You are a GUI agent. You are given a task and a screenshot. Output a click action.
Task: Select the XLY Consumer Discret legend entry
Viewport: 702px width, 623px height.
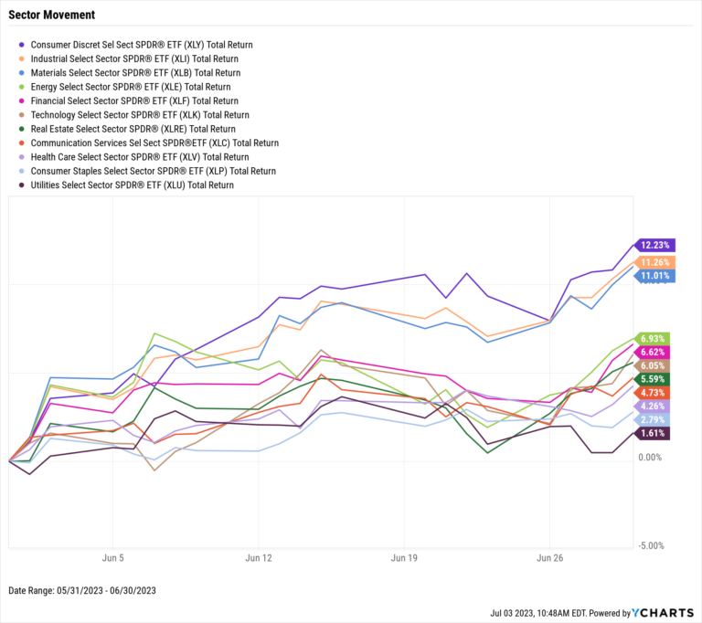[x=142, y=44]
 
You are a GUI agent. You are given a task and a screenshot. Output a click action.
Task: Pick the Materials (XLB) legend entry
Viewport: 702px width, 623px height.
[x=135, y=72]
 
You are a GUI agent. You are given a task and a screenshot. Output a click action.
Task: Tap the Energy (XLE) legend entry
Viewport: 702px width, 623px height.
[x=130, y=87]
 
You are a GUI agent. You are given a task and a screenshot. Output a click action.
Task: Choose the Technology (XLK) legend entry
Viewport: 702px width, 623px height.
[x=139, y=115]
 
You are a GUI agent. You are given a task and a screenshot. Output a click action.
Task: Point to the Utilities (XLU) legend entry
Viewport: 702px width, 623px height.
[x=132, y=185]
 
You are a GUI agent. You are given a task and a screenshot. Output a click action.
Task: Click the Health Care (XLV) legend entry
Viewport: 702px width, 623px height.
[x=139, y=157]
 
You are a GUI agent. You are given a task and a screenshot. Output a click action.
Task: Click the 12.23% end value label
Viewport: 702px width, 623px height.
[x=654, y=245]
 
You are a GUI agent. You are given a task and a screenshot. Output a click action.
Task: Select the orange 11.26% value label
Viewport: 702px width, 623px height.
[x=654, y=262]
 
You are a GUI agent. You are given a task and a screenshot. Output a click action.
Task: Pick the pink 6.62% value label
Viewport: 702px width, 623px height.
[x=654, y=353]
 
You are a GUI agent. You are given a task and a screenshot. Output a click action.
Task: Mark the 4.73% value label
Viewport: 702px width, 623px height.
[x=654, y=392]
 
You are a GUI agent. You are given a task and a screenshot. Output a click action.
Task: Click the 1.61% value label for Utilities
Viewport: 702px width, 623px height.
[x=654, y=433]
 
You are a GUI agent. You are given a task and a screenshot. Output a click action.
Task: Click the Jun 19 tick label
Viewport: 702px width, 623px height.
[x=404, y=556]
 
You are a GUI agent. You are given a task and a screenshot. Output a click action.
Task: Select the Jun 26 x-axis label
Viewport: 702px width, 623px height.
[x=549, y=556]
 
